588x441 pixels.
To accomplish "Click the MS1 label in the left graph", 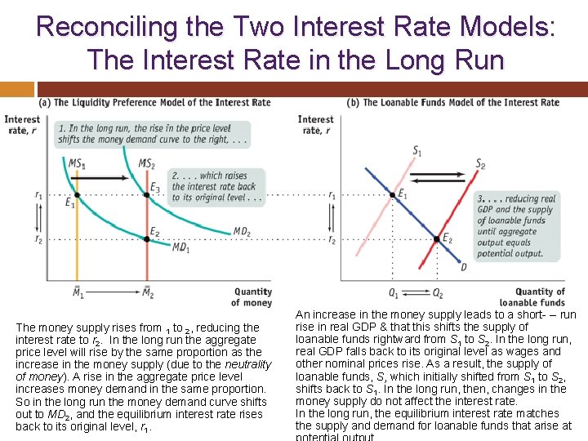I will [76, 164].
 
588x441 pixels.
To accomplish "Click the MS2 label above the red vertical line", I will [147, 164].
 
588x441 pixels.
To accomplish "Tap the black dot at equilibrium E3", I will [148, 195].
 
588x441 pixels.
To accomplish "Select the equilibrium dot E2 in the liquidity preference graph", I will [148, 239].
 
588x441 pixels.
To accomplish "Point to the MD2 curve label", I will [242, 232].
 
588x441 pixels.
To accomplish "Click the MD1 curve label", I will [181, 247].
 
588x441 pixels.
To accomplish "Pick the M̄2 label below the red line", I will [148, 292].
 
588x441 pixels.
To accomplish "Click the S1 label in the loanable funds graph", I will [417, 150].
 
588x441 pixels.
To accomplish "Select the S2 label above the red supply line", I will [480, 165].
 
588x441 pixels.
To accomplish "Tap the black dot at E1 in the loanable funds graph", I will [391, 195].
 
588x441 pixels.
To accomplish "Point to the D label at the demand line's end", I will [465, 267].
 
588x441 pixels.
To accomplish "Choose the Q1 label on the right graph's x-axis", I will [393, 292].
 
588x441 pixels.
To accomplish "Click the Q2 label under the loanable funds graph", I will [438, 292].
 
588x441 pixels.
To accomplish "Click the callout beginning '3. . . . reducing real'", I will [516, 225].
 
